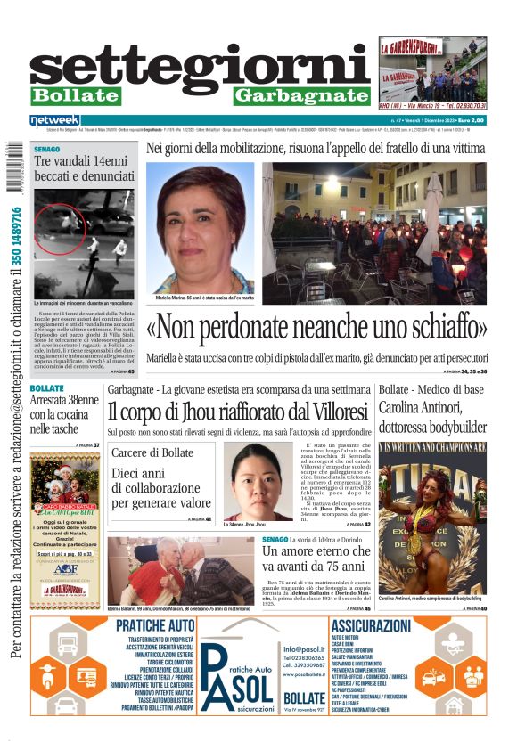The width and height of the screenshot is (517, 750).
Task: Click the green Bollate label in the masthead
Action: (x=75, y=96)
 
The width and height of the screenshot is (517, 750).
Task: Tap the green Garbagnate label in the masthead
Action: (x=302, y=96)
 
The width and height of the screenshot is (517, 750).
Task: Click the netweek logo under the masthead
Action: (x=54, y=119)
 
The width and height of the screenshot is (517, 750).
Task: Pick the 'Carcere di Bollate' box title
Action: (x=152, y=453)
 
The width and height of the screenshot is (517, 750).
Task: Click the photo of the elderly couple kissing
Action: (x=180, y=570)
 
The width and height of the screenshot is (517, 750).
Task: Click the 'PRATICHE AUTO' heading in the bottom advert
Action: (x=155, y=625)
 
